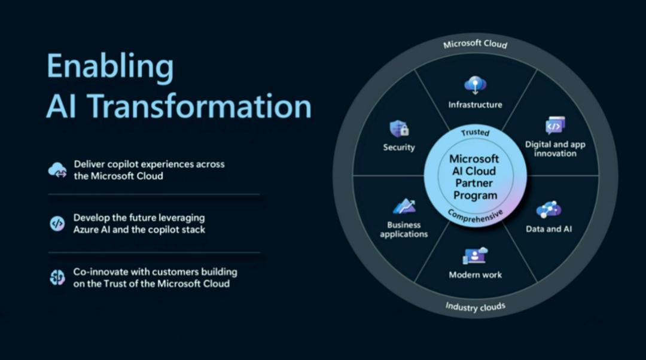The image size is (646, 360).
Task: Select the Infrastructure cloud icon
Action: [x=476, y=85]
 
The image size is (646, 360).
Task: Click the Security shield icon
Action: [x=399, y=129]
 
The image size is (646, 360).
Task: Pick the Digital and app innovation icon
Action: [x=555, y=126]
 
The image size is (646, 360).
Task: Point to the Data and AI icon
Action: [x=549, y=210]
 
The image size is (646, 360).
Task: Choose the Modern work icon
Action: [x=475, y=256]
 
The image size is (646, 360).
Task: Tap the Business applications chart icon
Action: [x=404, y=206]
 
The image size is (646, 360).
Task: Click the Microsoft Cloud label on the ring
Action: [x=476, y=44]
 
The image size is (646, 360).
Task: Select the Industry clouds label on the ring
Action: [x=476, y=307]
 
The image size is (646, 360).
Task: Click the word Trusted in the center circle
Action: [x=475, y=132]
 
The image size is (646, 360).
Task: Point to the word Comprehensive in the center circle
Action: [x=475, y=216]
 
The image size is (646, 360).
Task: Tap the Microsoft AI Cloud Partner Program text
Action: [x=474, y=177]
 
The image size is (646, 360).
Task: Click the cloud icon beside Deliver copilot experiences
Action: [x=57, y=170]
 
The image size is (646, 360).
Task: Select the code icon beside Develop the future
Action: [x=57, y=224]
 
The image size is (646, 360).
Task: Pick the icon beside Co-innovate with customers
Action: [x=57, y=277]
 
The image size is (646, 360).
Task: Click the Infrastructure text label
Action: [x=476, y=105]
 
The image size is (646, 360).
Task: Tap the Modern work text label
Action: [x=476, y=275]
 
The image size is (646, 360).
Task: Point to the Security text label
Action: [x=399, y=147]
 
